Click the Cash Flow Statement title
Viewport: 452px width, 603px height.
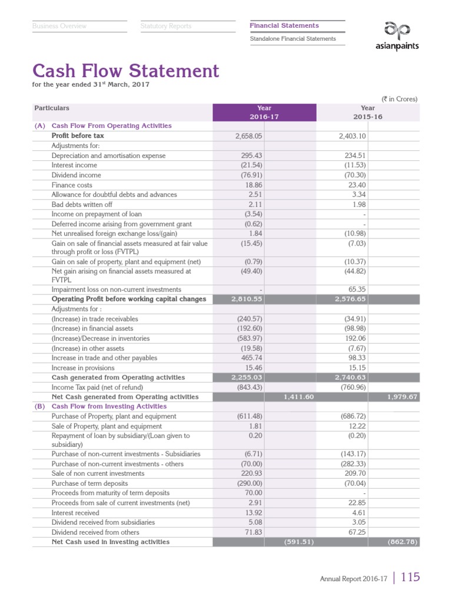tap(125, 71)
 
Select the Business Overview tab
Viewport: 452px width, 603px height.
tap(59, 26)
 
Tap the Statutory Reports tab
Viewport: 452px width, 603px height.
tap(166, 26)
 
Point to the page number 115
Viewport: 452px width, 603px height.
tap(410, 578)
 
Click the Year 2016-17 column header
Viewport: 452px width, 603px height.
tap(264, 112)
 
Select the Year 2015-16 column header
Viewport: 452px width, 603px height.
tap(367, 112)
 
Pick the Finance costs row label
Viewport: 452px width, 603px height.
tap(72, 185)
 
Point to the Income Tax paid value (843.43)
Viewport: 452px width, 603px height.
tap(245, 387)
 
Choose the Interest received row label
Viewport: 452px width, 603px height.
tap(75, 513)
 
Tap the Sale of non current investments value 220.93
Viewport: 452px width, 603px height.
tap(250, 473)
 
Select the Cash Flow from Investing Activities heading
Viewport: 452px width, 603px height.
tap(109, 406)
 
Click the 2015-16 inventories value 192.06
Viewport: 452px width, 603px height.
tap(354, 339)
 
